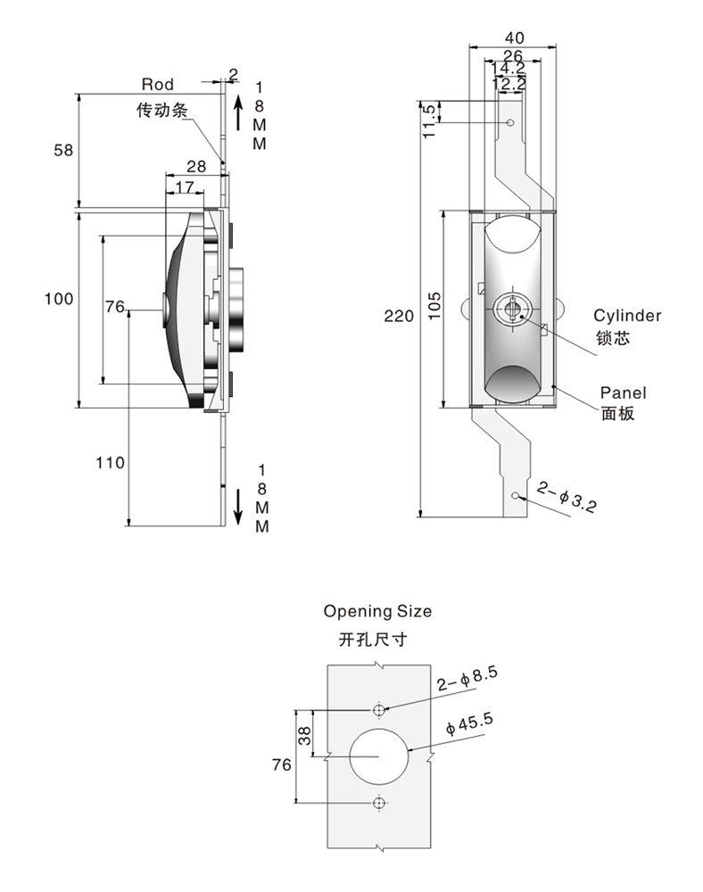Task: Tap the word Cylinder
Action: point(628,316)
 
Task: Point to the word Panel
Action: point(623,392)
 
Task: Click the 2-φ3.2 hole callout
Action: point(567,497)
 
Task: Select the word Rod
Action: point(157,85)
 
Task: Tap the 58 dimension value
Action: point(62,150)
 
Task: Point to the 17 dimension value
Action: point(184,186)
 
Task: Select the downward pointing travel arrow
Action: point(238,505)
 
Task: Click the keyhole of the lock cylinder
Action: point(510,310)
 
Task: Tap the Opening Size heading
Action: point(377,611)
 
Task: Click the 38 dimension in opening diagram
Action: point(303,735)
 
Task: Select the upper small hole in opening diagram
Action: point(379,709)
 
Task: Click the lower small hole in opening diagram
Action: point(379,804)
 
